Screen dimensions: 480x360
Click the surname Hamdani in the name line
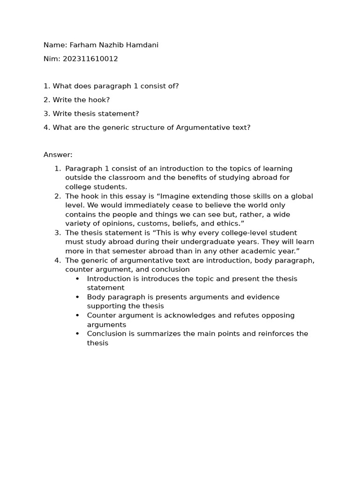(x=142, y=45)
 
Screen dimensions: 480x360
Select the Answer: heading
(x=58, y=155)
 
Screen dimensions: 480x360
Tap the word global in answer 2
(x=302, y=196)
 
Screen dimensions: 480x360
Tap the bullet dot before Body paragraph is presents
(x=77, y=297)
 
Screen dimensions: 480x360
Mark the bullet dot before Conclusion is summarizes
(x=77, y=334)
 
